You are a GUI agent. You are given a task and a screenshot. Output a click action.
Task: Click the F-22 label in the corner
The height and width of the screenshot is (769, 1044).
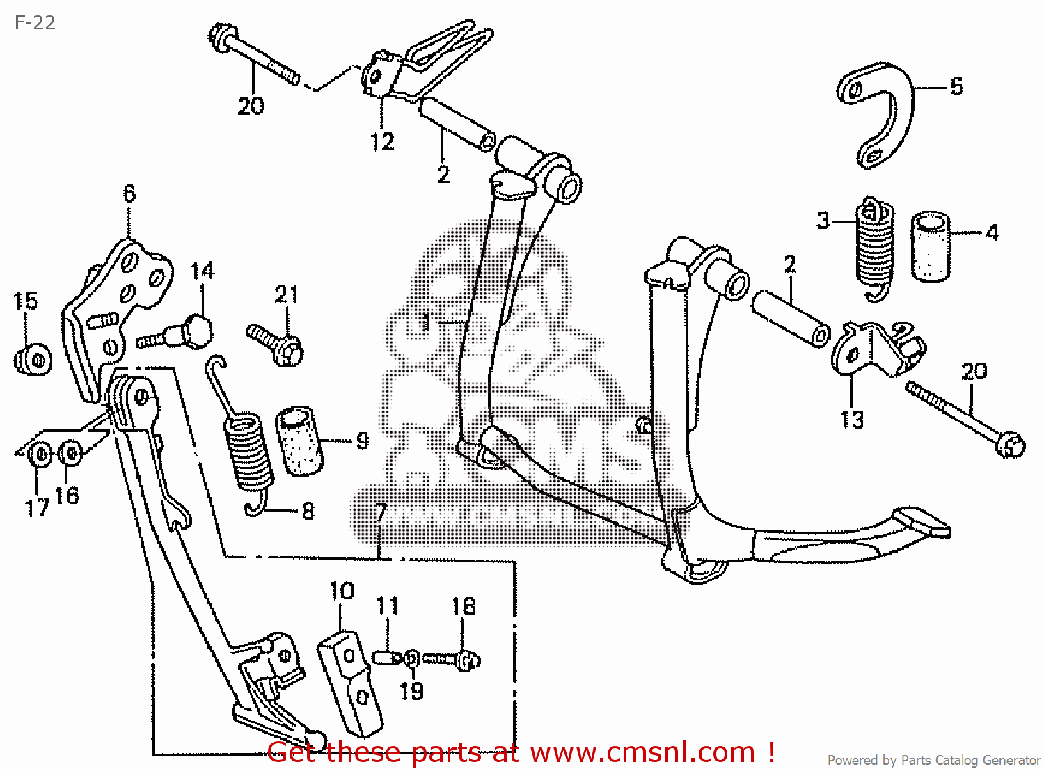pos(35,23)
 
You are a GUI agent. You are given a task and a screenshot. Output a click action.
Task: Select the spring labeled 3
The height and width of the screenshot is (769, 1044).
pos(873,247)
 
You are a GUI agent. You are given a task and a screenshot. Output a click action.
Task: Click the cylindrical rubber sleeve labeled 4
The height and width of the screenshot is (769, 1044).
pos(930,247)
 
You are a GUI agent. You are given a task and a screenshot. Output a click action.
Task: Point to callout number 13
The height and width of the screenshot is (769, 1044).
pos(852,420)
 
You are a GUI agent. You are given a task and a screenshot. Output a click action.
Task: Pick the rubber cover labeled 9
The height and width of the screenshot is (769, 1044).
pos(300,442)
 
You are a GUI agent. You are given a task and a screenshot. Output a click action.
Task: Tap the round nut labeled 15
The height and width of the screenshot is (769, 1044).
pos(33,359)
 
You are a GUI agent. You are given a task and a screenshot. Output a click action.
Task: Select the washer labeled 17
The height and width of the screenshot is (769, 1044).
pos(40,456)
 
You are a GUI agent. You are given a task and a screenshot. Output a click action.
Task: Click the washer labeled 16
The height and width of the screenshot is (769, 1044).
pos(70,454)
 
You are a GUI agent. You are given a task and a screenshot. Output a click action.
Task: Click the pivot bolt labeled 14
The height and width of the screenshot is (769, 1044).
pos(182,332)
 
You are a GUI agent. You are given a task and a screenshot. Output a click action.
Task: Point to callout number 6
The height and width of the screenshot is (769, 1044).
pos(129,194)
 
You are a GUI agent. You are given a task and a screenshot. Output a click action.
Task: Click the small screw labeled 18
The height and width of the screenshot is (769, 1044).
pos(453,658)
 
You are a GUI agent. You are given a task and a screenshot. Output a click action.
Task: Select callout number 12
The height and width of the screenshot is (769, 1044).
pos(382,141)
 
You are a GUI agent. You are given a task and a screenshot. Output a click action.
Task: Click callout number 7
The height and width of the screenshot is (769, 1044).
pos(380,512)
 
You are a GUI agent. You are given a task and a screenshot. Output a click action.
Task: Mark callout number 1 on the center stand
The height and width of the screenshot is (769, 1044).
pos(426,322)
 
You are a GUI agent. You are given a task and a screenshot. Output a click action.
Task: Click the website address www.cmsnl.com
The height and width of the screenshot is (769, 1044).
pos(642,752)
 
